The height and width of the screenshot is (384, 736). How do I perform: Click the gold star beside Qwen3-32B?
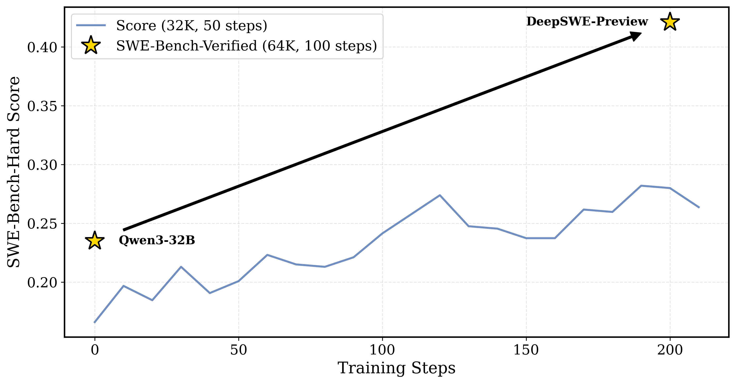95,241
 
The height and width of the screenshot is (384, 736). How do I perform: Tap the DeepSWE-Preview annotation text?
587,21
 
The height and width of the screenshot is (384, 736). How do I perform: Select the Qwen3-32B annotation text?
157,240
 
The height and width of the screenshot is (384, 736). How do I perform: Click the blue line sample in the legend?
91,25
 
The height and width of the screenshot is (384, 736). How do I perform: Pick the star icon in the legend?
91,45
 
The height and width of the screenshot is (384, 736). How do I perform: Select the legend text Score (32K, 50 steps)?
192,26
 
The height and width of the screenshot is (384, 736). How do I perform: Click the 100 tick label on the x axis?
382,350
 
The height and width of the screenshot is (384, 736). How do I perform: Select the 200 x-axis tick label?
670,350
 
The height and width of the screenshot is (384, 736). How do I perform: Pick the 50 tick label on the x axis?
238,350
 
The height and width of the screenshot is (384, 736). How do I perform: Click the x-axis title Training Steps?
396,368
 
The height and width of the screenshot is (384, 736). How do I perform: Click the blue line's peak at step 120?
440,195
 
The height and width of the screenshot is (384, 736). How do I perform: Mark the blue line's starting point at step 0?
95,323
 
